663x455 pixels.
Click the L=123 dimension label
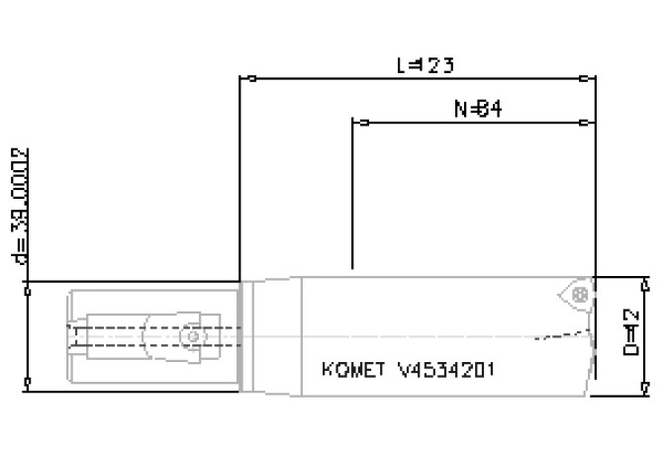425,67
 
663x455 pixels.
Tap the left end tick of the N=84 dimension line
364,123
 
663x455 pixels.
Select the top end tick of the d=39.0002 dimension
31,291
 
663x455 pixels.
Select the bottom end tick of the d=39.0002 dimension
31,381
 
